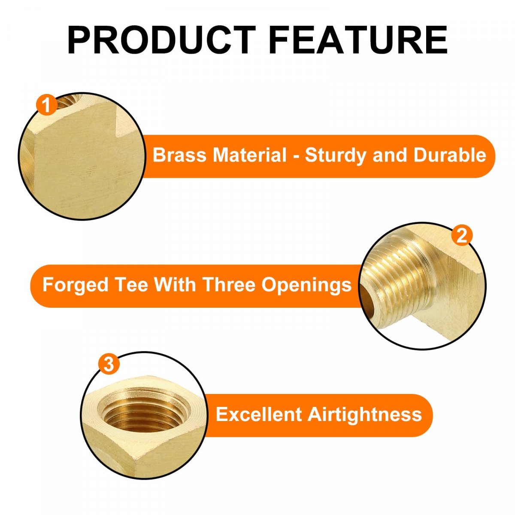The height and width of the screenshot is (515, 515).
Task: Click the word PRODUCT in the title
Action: click(x=162, y=40)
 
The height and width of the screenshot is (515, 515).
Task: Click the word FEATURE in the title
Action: click(x=358, y=40)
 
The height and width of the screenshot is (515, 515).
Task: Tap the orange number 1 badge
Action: click(x=46, y=105)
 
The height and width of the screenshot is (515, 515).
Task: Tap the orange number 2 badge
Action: click(x=461, y=236)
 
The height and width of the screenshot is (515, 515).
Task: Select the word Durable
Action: click(x=450, y=155)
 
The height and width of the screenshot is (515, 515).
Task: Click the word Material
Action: click(x=250, y=155)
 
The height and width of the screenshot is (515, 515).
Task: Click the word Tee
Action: click(x=131, y=285)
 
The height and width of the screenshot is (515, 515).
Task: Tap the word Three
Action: click(x=228, y=285)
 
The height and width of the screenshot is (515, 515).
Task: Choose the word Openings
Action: click(x=306, y=285)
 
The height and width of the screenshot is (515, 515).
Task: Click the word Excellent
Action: click(x=259, y=415)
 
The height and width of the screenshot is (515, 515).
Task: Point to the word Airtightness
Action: click(x=364, y=415)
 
